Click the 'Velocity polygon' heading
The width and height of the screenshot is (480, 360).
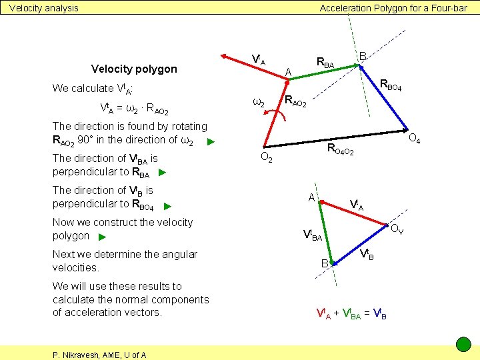point(134,69)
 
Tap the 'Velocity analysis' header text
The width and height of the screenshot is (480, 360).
point(43,8)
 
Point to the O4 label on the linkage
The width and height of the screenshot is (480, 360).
point(413,139)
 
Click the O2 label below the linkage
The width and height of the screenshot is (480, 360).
point(265,158)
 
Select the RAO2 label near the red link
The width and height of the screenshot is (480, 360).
point(295,102)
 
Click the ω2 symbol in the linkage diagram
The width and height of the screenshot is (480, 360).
point(259,103)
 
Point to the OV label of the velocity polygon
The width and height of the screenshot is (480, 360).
point(396,231)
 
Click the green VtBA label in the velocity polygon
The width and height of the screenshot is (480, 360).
point(312,235)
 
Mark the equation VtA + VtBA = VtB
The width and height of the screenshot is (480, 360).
point(351,312)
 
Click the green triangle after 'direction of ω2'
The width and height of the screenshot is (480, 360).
point(210,141)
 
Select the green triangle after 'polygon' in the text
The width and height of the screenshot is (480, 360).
point(101,237)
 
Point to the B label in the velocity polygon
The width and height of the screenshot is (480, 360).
point(325,263)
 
